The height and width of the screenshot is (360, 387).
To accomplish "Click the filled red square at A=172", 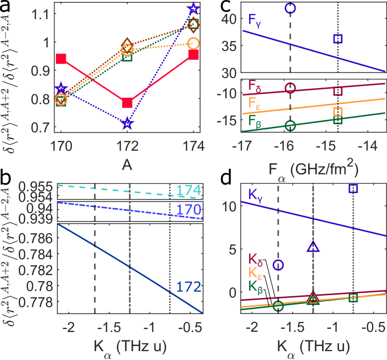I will click(127, 103).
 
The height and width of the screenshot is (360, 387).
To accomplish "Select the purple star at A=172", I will click(127, 124).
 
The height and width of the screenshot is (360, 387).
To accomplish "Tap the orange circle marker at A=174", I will click(194, 43).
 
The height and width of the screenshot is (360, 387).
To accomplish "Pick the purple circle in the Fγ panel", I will click(290, 8).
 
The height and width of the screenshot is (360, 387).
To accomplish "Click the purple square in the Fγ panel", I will click(339, 39).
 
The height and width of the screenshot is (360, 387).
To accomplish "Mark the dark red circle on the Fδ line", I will click(290, 88).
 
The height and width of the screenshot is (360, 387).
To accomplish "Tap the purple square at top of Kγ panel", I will click(353, 188).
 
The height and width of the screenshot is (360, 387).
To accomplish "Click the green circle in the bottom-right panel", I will click(278, 306).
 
